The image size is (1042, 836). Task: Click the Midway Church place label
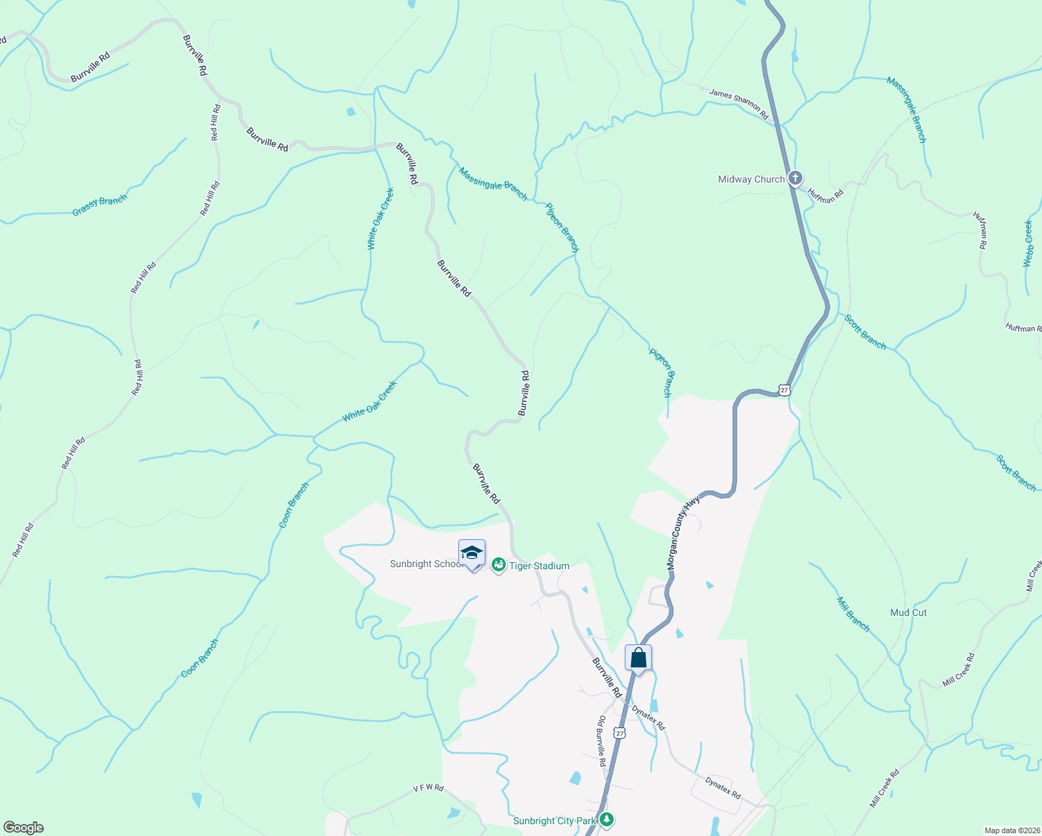point(751,179)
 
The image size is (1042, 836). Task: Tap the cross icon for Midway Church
point(795,178)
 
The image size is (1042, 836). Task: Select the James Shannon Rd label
point(738,103)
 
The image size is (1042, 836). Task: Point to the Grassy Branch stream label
point(100,205)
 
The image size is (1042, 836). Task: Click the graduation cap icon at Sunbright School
point(472,553)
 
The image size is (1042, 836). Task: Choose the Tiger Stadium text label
point(539,566)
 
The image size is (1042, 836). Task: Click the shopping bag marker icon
point(638,658)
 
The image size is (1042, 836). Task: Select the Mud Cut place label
point(908,612)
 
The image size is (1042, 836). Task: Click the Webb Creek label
point(1028,243)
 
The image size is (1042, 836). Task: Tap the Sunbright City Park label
point(554,821)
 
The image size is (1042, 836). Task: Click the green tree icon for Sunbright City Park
point(607,819)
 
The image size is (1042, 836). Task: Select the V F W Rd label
point(428,788)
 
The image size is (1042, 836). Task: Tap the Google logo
point(22,828)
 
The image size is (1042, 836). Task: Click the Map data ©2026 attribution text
point(1011,830)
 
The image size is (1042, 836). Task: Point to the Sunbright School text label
point(426,564)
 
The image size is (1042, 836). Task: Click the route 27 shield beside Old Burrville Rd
point(620,733)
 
